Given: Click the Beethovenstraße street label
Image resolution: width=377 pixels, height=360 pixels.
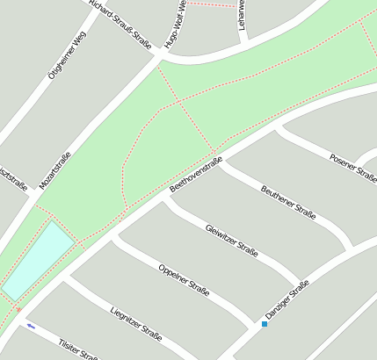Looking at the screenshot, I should pos(196,175).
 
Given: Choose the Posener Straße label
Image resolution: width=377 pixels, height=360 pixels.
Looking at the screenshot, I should pos(352,167).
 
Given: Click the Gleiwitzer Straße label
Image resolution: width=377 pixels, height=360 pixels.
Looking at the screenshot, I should pos(231,240).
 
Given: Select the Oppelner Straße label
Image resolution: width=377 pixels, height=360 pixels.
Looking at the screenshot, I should pos(184,279).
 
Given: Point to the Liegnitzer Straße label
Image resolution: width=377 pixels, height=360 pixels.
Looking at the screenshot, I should pos(136,321).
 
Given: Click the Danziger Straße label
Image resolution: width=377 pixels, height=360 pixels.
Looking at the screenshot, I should pos(287,299).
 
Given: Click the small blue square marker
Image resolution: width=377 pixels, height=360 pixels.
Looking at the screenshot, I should pos(264,324).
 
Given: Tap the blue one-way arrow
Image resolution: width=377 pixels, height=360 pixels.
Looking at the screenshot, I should pos(31,327).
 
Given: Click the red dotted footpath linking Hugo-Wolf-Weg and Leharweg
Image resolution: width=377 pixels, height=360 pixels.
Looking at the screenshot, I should pos(211,4).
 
